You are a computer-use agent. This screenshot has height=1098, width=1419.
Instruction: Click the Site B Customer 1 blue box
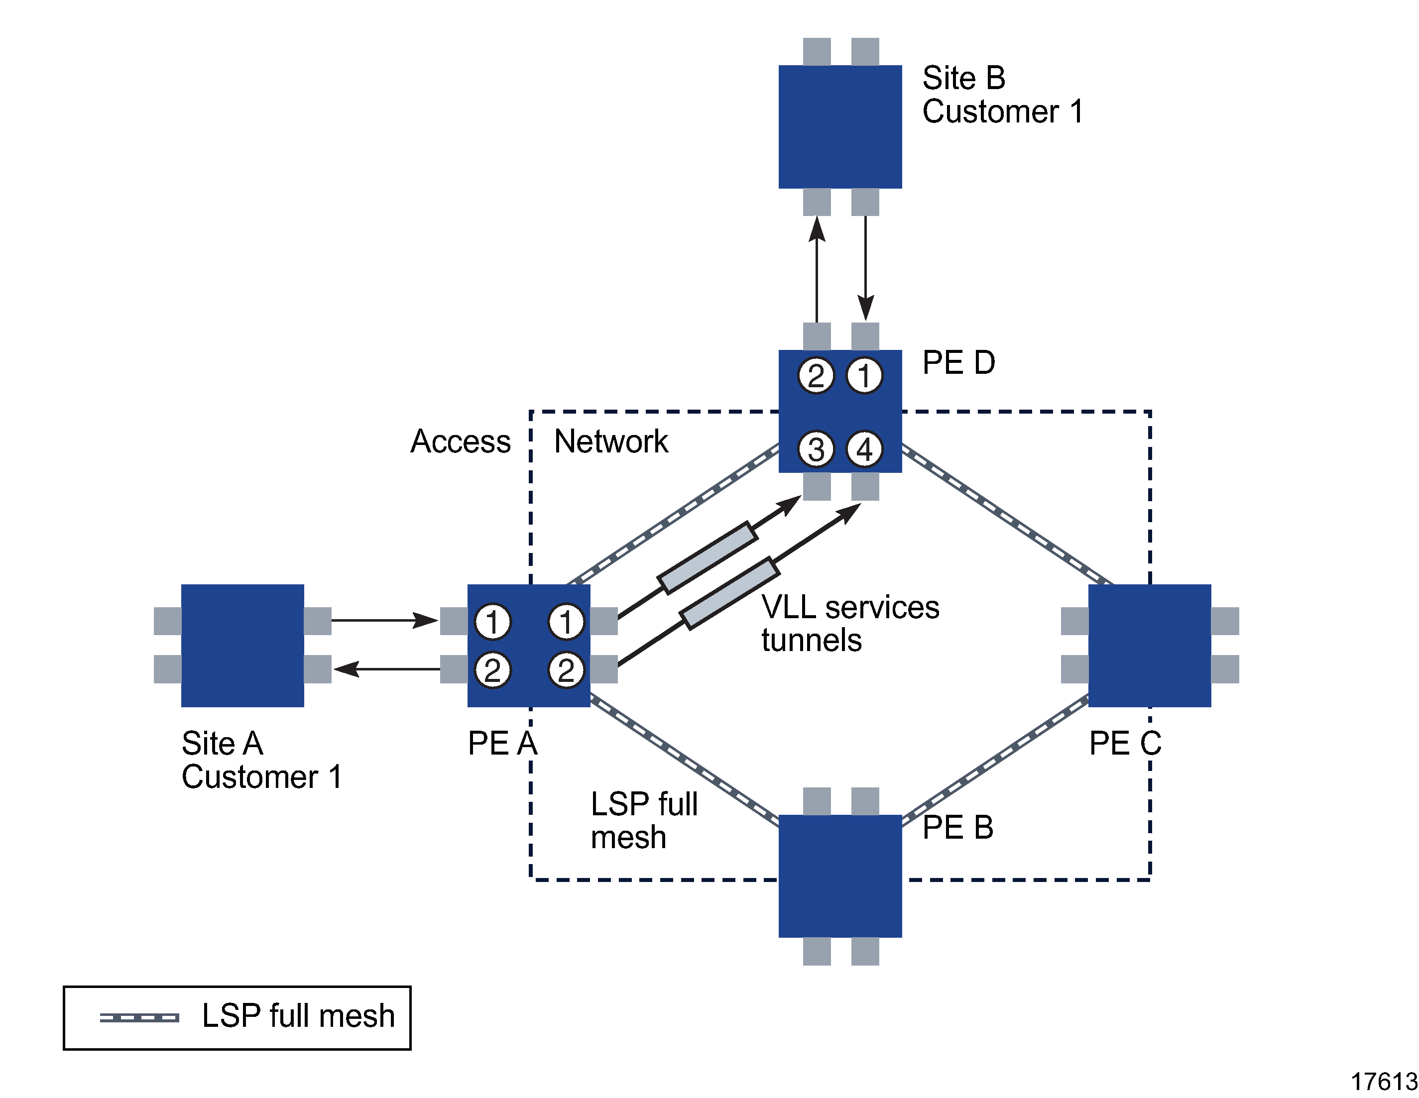[x=839, y=127]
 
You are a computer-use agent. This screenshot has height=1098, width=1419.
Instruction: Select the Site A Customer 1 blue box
[x=242, y=645]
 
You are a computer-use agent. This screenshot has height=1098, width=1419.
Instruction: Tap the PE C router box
[x=1149, y=645]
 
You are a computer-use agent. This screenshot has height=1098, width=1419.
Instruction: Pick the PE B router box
[x=839, y=876]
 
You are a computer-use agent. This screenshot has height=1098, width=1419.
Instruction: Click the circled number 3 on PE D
[x=816, y=449]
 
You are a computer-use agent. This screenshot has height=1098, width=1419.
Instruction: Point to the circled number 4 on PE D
[x=864, y=449]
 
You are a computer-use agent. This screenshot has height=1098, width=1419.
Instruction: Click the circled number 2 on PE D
[x=816, y=375]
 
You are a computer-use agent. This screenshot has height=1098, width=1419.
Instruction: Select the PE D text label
[x=958, y=362]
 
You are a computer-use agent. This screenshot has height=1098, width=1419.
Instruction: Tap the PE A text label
[x=502, y=743]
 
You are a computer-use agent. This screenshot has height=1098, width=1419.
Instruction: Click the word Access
[x=461, y=442]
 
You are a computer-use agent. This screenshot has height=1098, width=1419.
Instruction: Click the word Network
[x=611, y=442]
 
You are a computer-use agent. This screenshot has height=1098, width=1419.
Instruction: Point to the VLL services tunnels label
[x=850, y=623]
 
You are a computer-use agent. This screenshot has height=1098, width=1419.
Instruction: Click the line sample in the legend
[x=139, y=1017]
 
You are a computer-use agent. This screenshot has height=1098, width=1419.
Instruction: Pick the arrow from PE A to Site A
[x=386, y=668]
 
